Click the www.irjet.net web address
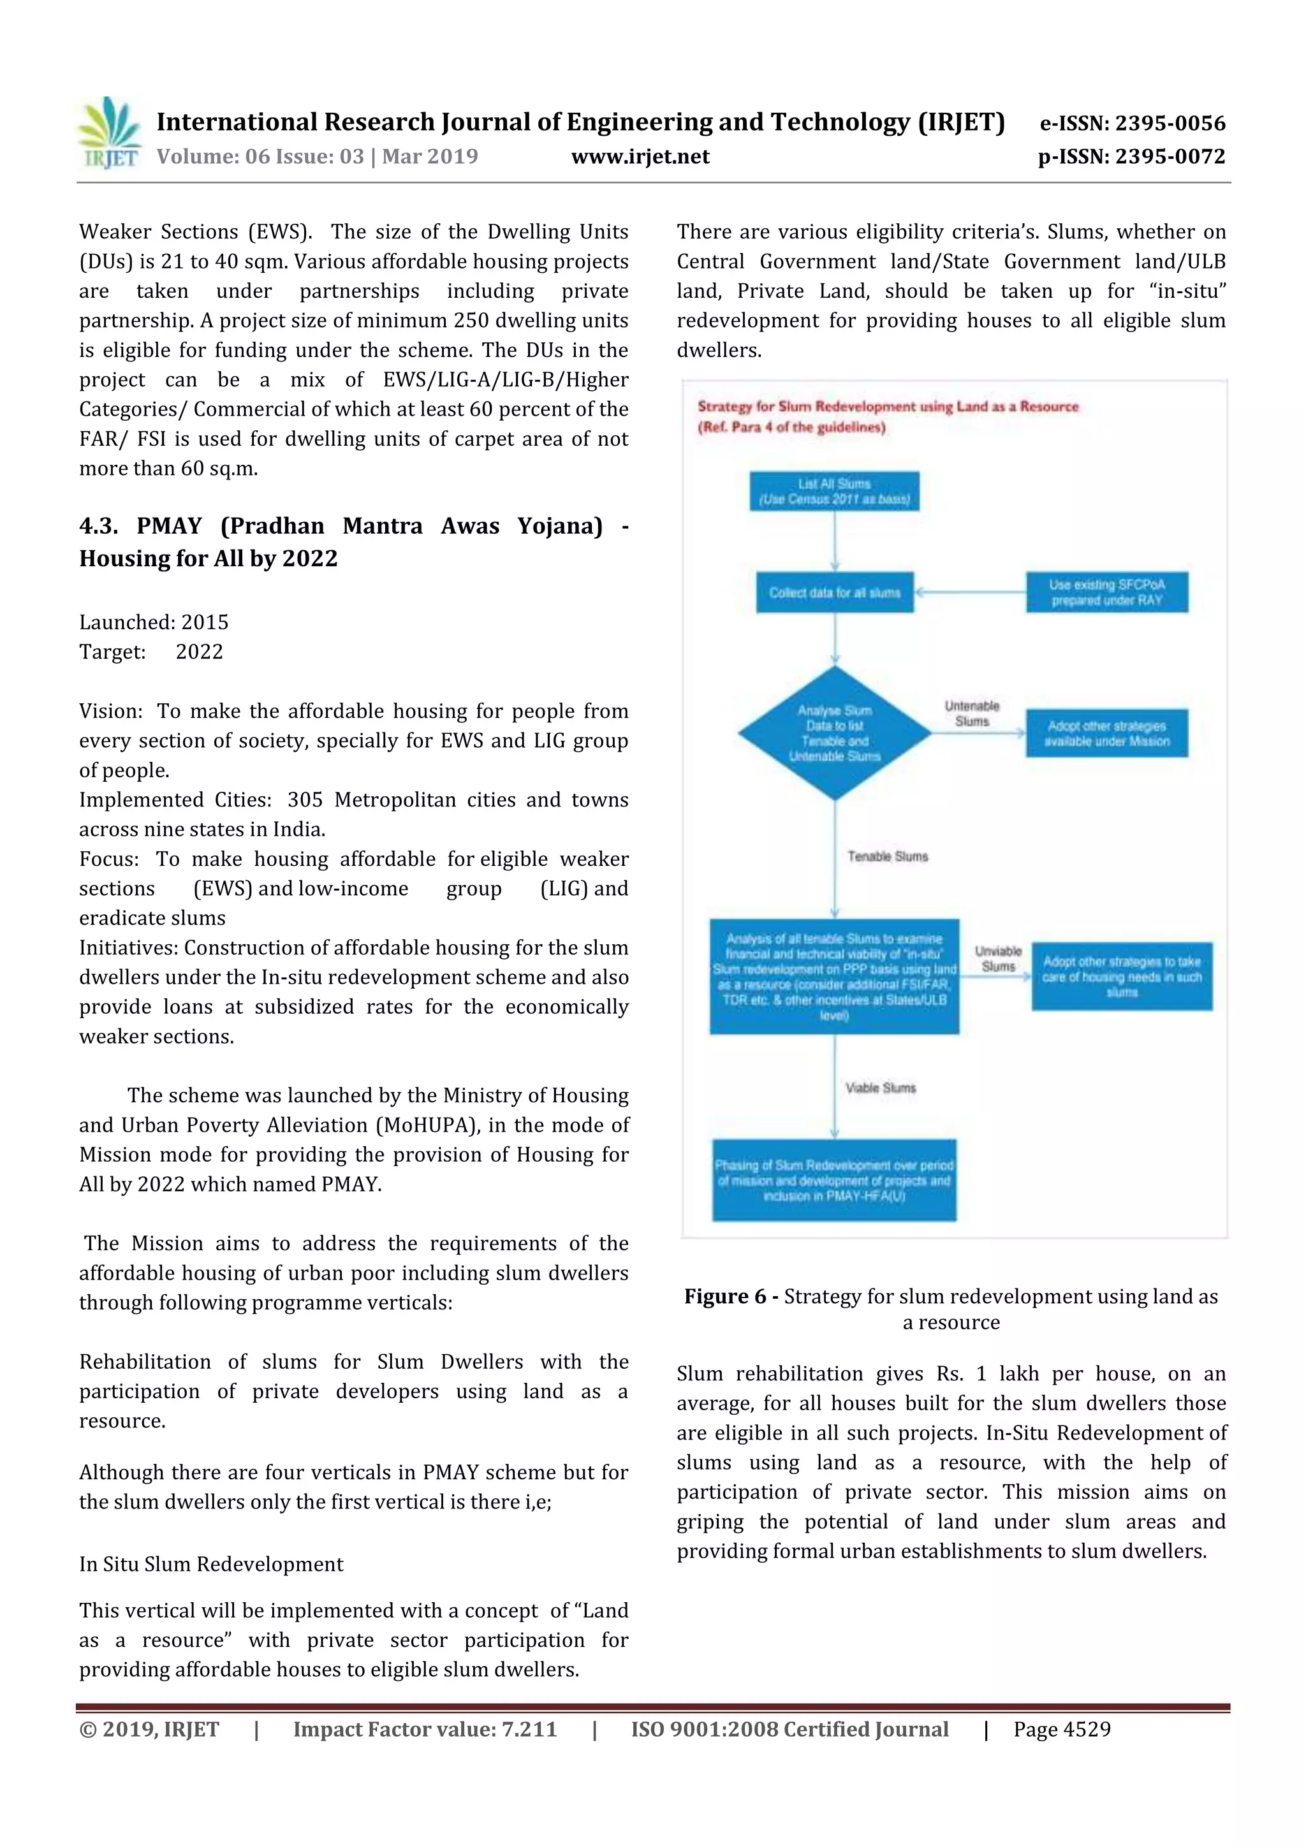(x=640, y=157)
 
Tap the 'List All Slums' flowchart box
(x=835, y=492)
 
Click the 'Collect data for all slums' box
(x=835, y=593)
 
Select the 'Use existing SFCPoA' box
(x=1106, y=593)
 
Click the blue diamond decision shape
(x=835, y=733)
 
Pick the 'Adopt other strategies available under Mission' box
(x=1106, y=733)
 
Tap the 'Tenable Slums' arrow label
(x=888, y=857)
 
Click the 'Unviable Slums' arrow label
(x=998, y=959)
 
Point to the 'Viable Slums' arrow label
(x=880, y=1088)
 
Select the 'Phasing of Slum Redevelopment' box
(x=835, y=1180)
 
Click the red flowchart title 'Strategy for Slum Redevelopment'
(x=888, y=407)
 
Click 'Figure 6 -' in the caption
(x=731, y=1296)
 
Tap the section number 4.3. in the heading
(x=98, y=526)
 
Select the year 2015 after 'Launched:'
(x=205, y=623)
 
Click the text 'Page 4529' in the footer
(x=1062, y=1730)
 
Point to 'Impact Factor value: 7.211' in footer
(x=425, y=1730)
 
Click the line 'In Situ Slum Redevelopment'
(x=211, y=1564)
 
